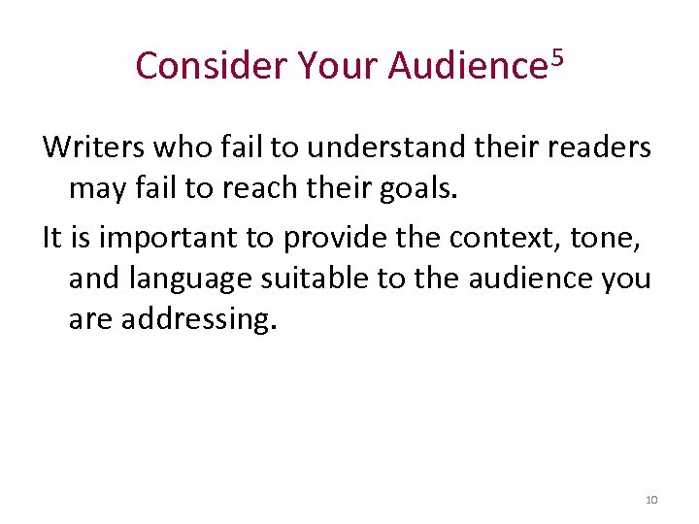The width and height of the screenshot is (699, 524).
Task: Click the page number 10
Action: coord(650,500)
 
